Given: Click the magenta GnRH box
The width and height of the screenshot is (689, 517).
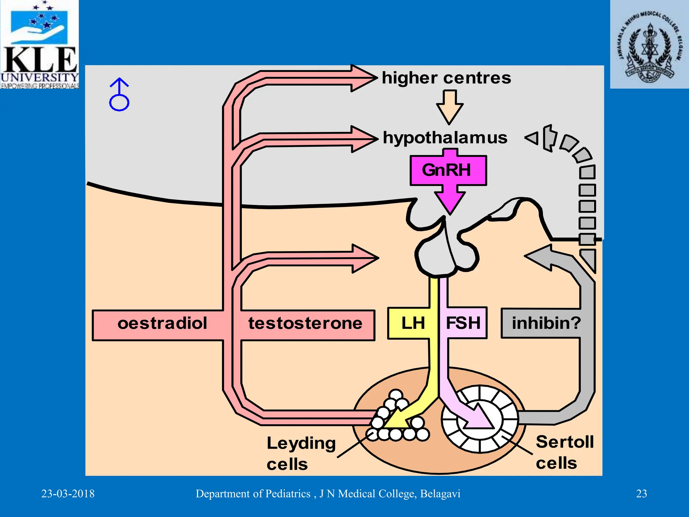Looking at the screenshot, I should point(448,170).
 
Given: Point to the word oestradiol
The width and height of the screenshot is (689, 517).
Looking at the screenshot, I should point(162,323).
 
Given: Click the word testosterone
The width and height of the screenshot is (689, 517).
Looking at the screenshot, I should point(305,323).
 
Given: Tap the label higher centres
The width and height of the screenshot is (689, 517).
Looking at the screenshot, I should point(446,78).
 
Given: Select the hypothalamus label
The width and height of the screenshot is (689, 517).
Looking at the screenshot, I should point(445,138).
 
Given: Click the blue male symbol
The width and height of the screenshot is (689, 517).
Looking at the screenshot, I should point(119,95).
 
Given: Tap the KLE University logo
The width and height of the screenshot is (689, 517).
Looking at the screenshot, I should point(39,44).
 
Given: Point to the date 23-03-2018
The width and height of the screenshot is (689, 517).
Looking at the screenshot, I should point(68,494).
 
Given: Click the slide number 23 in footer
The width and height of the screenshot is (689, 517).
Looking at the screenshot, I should point(641,494).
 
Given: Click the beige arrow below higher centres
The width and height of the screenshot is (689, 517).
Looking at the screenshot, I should point(449,107).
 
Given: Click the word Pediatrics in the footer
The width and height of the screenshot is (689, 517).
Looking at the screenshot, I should point(288,494).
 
